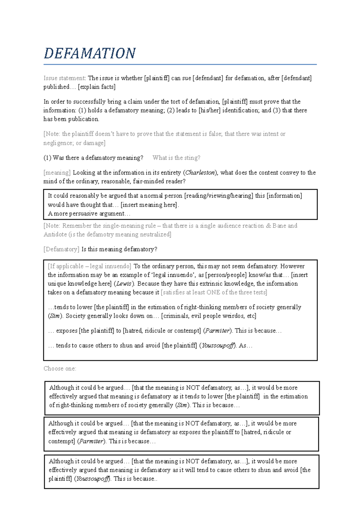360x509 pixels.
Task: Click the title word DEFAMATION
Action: (90, 53)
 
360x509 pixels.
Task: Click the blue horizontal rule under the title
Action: (180, 64)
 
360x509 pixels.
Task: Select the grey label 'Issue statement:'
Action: (64, 78)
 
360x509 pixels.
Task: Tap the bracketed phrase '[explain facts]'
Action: (97, 87)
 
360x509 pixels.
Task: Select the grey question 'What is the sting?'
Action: (176, 158)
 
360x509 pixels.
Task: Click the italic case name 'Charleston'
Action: (200, 173)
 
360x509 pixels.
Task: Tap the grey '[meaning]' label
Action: (57, 173)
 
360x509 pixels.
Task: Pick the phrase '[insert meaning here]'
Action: (149, 205)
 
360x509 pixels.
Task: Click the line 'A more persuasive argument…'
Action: (89, 214)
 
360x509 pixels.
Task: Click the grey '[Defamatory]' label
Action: (61, 249)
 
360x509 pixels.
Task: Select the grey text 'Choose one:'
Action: (60, 369)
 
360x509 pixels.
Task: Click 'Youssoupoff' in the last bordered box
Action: (92, 479)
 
